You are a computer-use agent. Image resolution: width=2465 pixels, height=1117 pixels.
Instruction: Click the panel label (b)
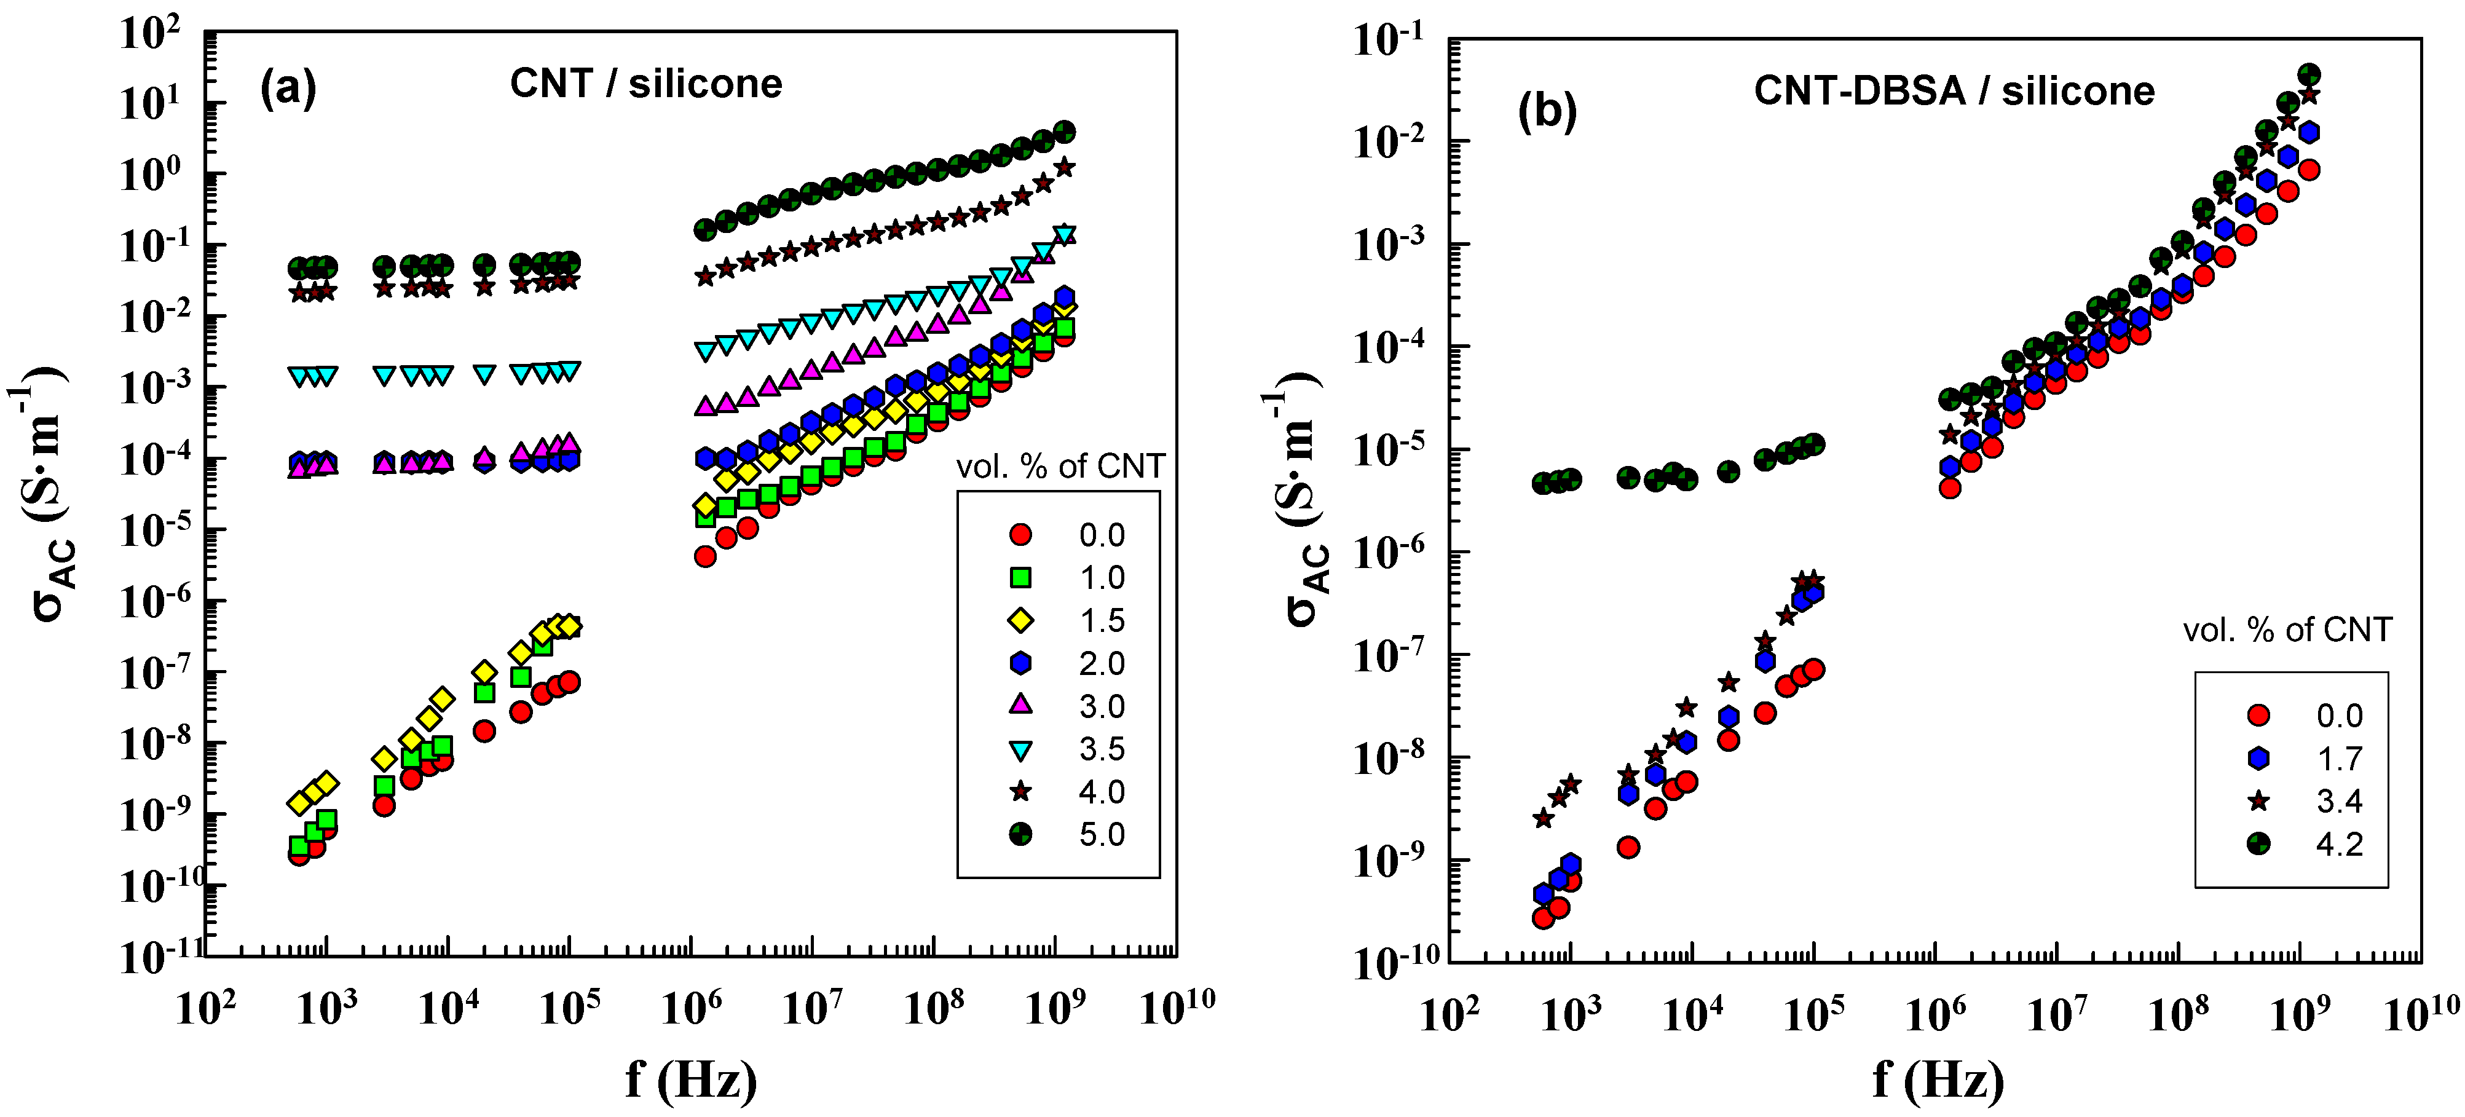pos(1547,111)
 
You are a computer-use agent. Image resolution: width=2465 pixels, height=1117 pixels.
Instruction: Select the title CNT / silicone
pos(646,84)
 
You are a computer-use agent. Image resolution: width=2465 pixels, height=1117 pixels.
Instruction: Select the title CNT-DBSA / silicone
pos(1954,92)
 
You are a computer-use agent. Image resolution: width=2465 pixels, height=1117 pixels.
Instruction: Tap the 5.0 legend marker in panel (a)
pos(1021,835)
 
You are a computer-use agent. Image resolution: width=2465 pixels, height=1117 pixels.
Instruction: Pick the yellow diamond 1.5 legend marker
pos(1021,620)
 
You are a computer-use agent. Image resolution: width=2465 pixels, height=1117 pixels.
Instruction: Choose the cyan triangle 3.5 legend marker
pos(1021,749)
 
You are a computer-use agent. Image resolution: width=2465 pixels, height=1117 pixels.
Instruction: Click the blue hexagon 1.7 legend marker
pos(2258,758)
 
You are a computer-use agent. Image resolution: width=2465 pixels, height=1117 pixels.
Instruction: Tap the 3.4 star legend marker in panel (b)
pos(2258,801)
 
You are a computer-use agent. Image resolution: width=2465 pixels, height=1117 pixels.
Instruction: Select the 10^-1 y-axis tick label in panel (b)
pos(1387,40)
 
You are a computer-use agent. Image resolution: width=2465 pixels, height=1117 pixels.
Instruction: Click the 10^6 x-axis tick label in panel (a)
pos(691,1007)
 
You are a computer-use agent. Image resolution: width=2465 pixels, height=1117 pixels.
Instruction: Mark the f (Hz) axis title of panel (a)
pos(691,1080)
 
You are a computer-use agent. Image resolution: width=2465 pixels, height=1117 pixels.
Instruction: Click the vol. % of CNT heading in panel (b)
pos(2287,630)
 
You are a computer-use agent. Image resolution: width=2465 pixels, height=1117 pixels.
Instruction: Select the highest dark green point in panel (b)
pos(2309,74)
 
